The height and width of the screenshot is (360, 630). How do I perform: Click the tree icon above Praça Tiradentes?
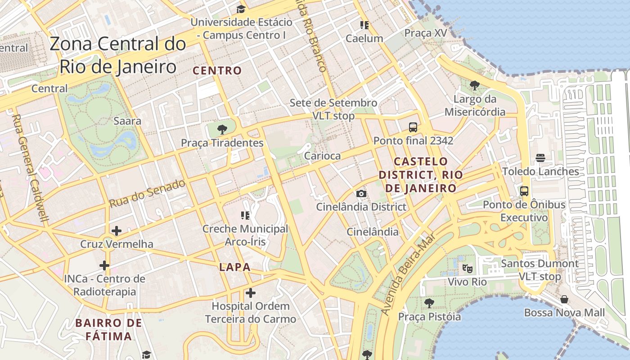[x=222, y=130]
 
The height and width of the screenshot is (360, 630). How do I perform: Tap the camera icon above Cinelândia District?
[x=361, y=194]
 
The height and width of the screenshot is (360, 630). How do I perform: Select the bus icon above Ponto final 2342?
[x=413, y=127]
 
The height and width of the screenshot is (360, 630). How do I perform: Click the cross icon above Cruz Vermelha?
[x=117, y=231]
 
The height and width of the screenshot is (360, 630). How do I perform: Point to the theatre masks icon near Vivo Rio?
[x=468, y=269]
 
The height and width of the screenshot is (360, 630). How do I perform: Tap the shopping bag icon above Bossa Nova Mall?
[x=564, y=299]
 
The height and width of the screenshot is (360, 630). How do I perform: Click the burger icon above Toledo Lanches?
[x=540, y=158]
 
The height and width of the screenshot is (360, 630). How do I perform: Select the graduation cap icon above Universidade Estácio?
[x=241, y=9]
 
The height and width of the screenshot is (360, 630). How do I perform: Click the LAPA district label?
[x=234, y=267]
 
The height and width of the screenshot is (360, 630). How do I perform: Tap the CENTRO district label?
[x=217, y=71]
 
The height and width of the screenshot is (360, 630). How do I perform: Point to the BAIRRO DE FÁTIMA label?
[x=109, y=329]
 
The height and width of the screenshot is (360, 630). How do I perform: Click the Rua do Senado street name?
[x=147, y=193]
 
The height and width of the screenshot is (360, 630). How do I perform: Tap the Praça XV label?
[x=426, y=33]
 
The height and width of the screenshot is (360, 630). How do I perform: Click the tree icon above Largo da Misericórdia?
[x=474, y=85]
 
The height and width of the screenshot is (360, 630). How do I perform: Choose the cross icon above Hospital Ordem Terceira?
[x=251, y=293]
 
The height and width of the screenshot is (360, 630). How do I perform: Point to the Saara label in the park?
[x=127, y=121]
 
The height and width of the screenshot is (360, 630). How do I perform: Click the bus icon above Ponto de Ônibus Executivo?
[x=524, y=191]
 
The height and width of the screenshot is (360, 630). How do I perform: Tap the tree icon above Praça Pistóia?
[x=429, y=303]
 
